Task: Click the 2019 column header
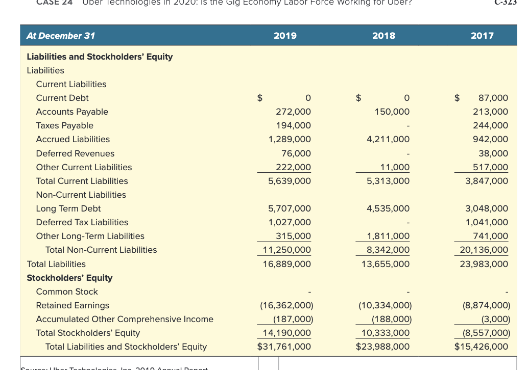tap(285, 36)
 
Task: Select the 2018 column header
tap(383, 36)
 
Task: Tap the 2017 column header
tap(482, 36)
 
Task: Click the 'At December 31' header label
tap(61, 36)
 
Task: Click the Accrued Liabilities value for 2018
tap(388, 139)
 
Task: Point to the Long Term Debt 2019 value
tap(290, 208)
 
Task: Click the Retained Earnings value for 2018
tap(385, 305)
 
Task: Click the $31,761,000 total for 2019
tap(284, 347)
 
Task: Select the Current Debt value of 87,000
tap(493, 98)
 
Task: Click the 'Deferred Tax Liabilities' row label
tap(82, 222)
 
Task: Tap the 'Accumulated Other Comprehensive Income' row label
tap(125, 319)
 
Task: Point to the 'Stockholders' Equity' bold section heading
tap(69, 278)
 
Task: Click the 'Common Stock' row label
tap(67, 292)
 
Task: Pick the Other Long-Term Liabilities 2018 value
tap(388, 236)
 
